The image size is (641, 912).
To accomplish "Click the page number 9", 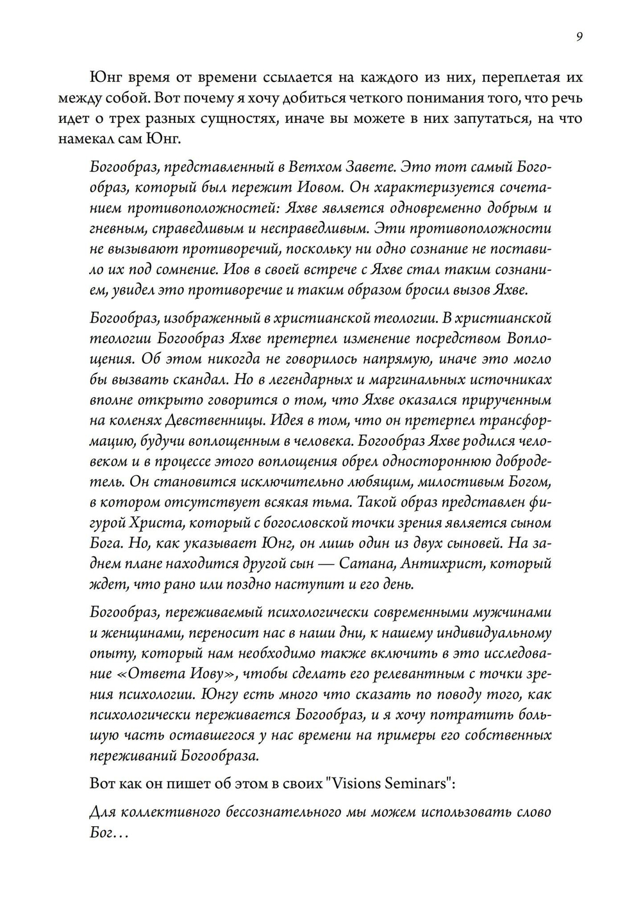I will click(579, 37).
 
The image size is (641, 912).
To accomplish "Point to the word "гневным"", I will click(114, 229).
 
